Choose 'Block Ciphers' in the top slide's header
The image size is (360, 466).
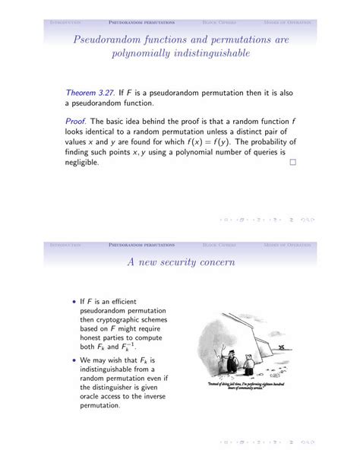click(219, 22)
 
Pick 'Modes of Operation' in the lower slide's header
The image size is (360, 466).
click(288, 245)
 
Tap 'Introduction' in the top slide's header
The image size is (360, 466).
click(65, 22)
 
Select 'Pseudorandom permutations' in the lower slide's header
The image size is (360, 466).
click(142, 245)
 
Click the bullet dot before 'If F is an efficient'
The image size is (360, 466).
click(74, 301)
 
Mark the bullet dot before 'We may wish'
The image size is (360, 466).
click(74, 360)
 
